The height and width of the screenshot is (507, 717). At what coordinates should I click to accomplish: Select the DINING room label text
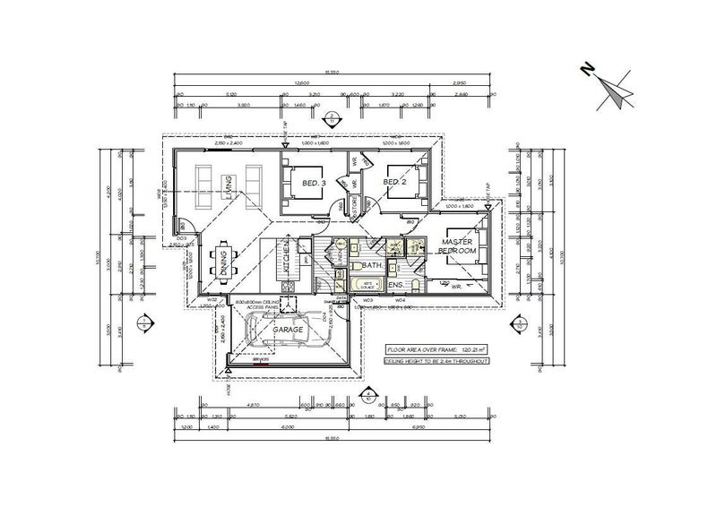point(221,262)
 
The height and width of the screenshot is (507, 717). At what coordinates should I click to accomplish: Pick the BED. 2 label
point(395,183)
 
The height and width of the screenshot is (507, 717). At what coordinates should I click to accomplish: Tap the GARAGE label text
point(288,330)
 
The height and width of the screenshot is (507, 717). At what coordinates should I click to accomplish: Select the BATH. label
point(373,266)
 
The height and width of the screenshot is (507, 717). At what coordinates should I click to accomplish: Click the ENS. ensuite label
point(395,286)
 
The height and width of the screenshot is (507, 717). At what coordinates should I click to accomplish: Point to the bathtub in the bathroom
point(367,286)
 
